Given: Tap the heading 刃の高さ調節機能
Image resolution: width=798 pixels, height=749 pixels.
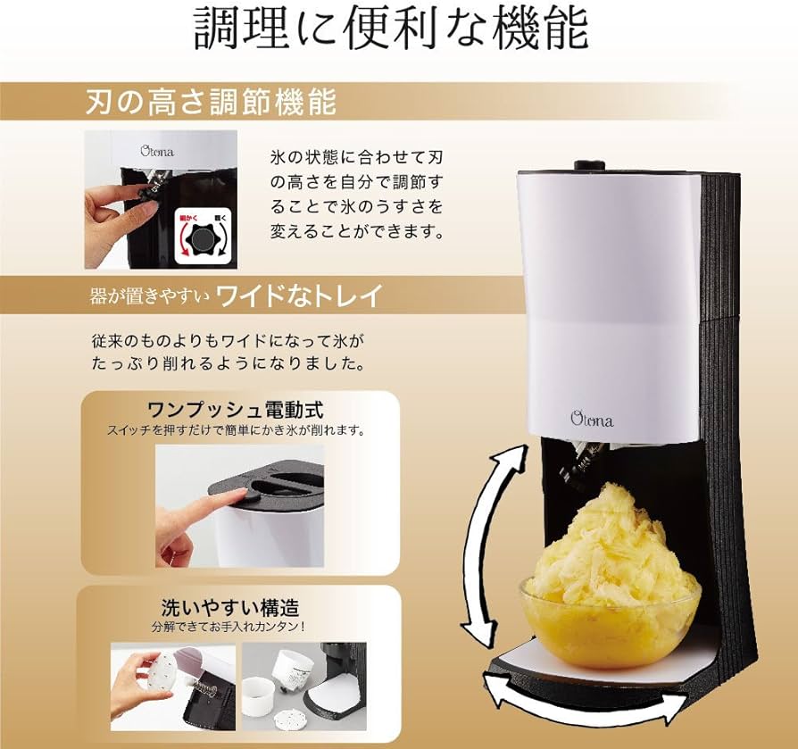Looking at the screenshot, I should tap(211, 102).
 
